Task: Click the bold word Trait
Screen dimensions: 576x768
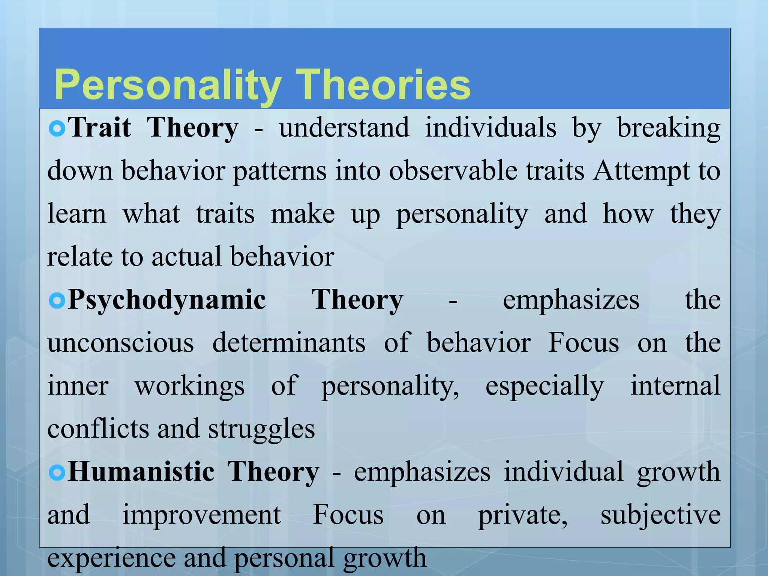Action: [x=100, y=128]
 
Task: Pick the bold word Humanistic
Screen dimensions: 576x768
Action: [x=141, y=472]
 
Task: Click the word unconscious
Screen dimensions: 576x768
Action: [x=121, y=343]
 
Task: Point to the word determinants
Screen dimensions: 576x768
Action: [x=289, y=343]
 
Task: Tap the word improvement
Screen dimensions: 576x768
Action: [x=202, y=515]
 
